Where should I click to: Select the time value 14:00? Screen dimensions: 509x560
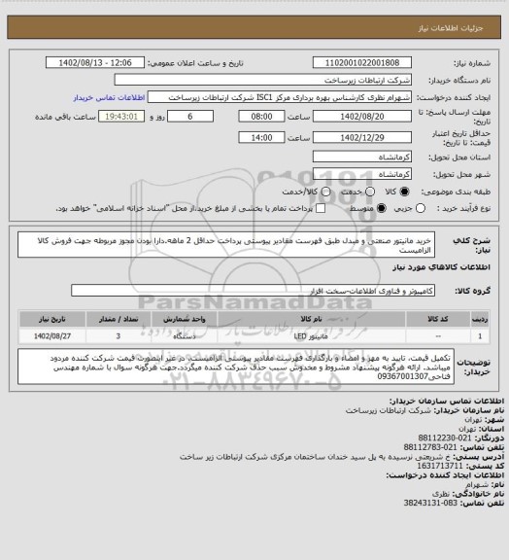258,138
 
